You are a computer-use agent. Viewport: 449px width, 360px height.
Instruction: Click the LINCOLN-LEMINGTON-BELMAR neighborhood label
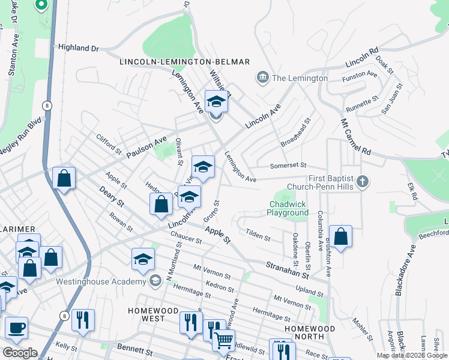tap(184, 62)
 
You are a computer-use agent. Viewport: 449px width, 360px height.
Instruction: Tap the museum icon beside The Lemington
tap(262, 78)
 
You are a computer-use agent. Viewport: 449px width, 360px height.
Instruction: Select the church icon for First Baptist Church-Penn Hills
tap(361, 181)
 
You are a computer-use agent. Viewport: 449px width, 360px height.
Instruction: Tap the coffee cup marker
tap(17, 329)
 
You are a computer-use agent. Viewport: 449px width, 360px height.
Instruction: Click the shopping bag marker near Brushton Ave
tap(340, 237)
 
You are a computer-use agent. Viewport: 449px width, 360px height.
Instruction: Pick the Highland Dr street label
tap(79, 47)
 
